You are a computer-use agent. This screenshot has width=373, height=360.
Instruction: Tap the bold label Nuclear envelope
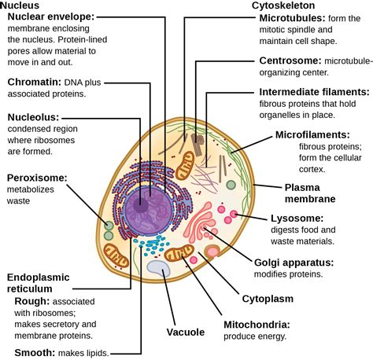coord(50,17)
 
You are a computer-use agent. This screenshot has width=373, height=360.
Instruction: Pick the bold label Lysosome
coord(295,217)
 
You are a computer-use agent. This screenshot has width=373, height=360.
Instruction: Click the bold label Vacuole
coord(186,331)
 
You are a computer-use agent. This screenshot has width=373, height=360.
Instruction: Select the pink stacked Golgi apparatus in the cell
coord(200,226)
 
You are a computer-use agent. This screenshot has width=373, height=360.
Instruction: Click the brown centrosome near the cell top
coord(197,142)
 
